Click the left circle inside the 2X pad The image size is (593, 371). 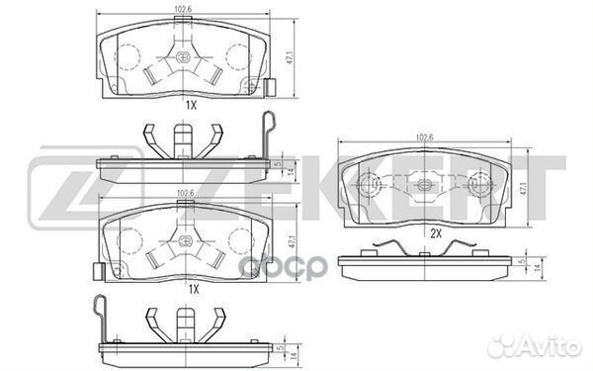pyautogui.click(x=374, y=182)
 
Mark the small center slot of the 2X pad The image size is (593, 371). pyautogui.click(x=428, y=181)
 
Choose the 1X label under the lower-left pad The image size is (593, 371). pyautogui.click(x=194, y=288)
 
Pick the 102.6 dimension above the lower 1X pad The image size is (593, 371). pyautogui.click(x=184, y=194)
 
